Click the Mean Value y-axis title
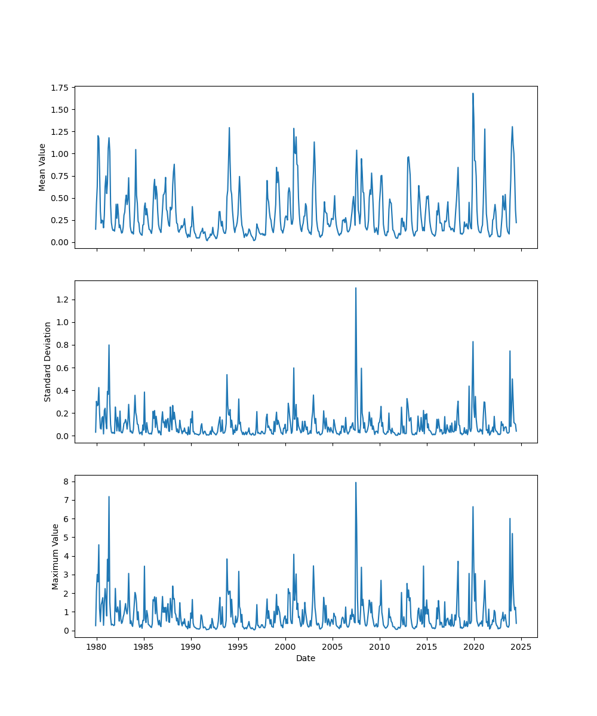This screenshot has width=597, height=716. coord(42,167)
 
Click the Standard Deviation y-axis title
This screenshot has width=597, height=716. coord(48,362)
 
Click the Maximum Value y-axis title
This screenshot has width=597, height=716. coord(55,556)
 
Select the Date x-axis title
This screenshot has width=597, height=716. coord(306,658)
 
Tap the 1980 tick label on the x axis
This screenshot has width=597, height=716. coord(97,647)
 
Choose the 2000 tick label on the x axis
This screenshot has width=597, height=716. coord(285,647)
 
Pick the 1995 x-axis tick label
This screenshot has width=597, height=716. coord(238,647)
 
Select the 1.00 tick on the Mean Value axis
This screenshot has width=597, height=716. coord(59,154)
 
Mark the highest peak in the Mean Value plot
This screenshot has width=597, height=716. coord(473,94)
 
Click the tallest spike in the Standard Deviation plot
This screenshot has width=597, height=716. coord(356,288)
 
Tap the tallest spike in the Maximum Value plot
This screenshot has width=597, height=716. coord(356,483)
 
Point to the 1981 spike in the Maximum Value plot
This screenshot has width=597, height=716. coord(109,496)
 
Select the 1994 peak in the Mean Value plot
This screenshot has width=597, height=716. coord(229,128)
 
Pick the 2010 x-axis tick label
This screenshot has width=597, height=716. coord(380,647)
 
